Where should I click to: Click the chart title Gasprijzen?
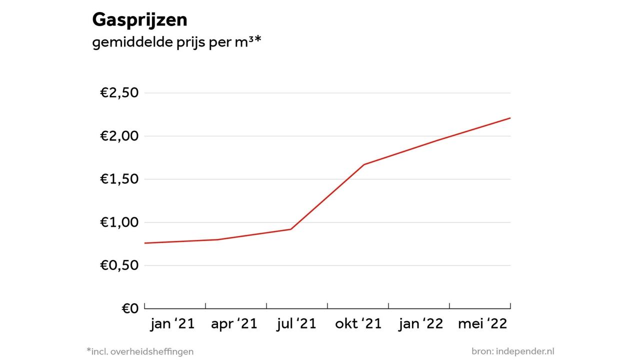[139, 20]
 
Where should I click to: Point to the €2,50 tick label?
[119, 93]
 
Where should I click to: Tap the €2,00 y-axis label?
[119, 136]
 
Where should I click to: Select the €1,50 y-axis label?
[119, 179]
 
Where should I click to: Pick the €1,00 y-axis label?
[119, 222]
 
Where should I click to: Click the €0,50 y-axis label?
[119, 265]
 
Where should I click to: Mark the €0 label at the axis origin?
[130, 308]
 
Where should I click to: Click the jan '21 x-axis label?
[172, 324]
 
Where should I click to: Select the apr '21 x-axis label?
[234, 324]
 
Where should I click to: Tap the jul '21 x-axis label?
[296, 324]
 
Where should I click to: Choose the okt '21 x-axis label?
[358, 324]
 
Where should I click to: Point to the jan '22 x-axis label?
[420, 324]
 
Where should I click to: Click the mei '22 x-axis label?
[482, 324]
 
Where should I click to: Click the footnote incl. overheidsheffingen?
[140, 351]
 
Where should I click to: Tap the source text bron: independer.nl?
[512, 351]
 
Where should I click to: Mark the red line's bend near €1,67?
[364, 164]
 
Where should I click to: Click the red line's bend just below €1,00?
[291, 229]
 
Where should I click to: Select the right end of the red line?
[510, 118]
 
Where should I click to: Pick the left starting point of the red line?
[145, 243]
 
